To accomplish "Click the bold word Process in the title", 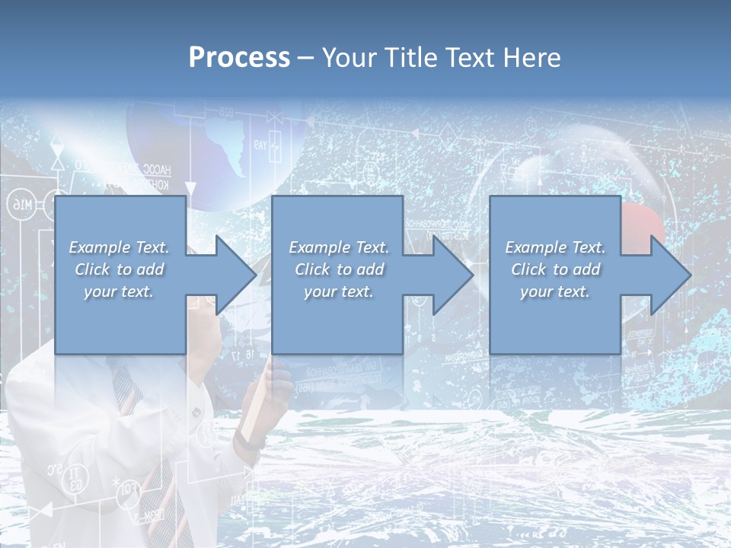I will [239, 58].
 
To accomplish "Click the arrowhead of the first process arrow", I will [235, 275].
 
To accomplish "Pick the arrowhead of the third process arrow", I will [670, 275].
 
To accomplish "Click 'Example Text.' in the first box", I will [119, 247].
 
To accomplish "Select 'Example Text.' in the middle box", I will [338, 247].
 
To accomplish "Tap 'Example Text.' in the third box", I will [554, 247].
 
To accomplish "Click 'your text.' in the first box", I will [119, 292].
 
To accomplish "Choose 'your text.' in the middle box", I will [338, 292].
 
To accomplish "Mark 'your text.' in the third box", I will [554, 292].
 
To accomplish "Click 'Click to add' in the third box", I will [554, 269].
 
